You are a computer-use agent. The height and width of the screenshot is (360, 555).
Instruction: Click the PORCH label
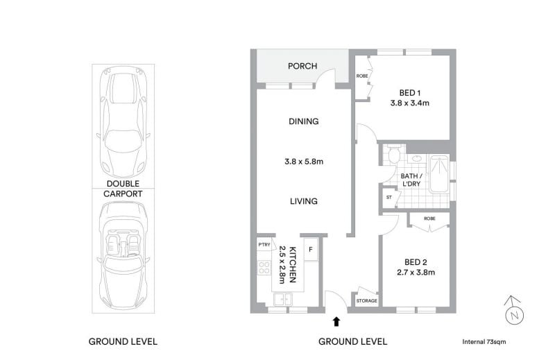coord(302,66)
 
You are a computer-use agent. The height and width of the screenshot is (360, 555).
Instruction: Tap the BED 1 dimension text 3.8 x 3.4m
coord(409,103)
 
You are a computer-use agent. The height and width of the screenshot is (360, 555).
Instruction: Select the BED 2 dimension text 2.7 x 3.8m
coord(416,272)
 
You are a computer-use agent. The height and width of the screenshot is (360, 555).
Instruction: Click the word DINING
coord(304,121)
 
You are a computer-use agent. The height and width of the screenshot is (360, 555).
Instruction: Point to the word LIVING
coord(304,201)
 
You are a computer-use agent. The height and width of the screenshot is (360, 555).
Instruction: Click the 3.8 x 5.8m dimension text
coord(304,162)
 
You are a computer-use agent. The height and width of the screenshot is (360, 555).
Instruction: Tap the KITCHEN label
coord(293,264)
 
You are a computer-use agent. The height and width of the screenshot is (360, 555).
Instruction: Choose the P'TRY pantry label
coord(264,245)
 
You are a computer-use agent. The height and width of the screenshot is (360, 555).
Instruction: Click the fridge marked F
coord(311,250)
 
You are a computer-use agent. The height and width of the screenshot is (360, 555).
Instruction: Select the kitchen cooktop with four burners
coord(264,267)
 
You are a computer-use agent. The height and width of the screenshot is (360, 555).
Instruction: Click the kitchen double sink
coord(283,299)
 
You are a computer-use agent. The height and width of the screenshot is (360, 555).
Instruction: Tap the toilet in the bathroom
coord(393,154)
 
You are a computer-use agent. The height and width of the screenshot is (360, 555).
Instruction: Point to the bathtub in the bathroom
coord(439,174)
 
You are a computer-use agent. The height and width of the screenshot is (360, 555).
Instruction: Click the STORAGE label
coord(367,301)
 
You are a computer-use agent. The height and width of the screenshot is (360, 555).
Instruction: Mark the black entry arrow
coord(336,321)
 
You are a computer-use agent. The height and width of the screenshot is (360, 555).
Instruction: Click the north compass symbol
coord(514,311)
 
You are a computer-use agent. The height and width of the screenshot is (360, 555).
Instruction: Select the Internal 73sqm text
coord(484,342)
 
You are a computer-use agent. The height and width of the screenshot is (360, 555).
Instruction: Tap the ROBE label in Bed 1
coord(362,76)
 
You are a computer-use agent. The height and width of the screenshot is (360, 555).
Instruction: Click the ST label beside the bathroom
coord(389,198)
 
